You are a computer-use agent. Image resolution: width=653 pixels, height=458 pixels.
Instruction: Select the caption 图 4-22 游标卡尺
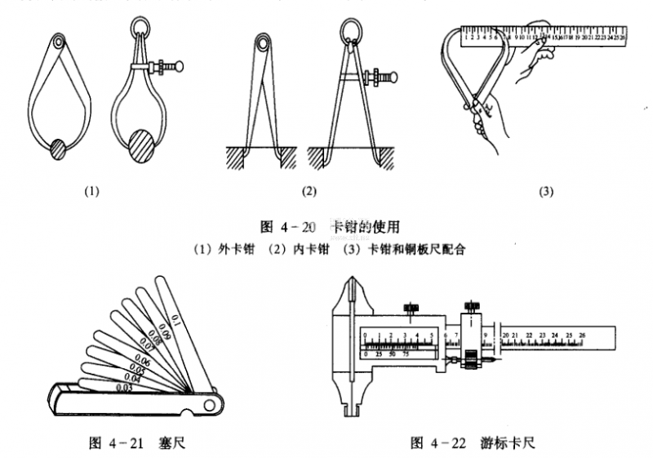(473, 443)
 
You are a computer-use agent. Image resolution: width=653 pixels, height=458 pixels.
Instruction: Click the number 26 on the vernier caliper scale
(581, 335)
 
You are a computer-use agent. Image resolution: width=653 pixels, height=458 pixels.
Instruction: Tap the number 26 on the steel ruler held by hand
(623, 35)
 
